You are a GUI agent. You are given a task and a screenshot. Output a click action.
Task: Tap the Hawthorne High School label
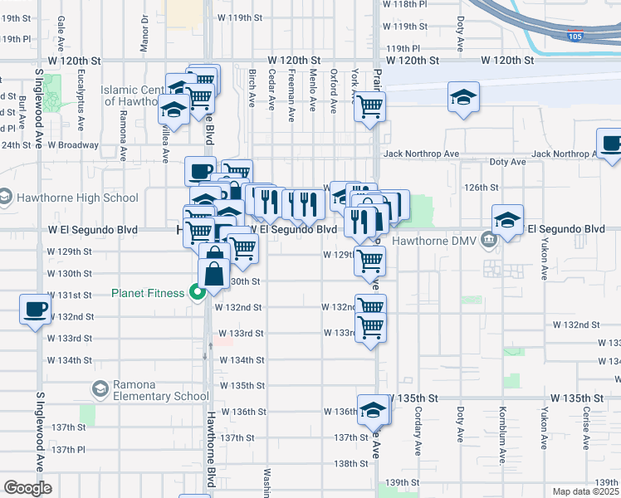tap(76, 198)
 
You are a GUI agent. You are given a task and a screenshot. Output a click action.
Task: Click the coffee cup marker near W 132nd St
tap(35, 309)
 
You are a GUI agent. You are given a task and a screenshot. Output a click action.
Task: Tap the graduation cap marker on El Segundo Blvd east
tap(507, 220)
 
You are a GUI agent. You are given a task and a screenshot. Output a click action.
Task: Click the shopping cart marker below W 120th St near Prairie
tap(369, 105)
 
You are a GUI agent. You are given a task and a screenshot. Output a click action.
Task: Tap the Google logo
tap(27, 488)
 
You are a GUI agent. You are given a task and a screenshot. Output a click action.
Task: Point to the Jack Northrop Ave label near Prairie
tap(421, 154)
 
